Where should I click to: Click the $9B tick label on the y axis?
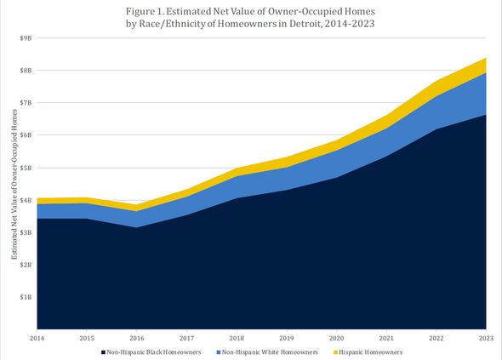point(26,38)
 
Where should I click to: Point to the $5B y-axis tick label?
point(26,168)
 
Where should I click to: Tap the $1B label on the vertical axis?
point(26,297)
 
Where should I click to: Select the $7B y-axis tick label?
point(26,103)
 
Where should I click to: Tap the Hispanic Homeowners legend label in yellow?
point(369,351)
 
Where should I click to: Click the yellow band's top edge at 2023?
point(485,59)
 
